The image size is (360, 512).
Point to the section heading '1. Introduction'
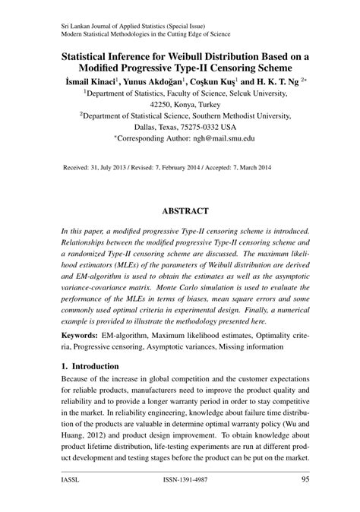89,365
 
